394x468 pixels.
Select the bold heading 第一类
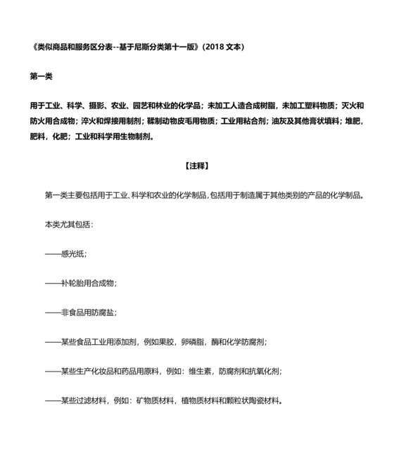[40, 76]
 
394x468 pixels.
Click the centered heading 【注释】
[197, 166]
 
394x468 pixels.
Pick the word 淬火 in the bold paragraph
[89, 121]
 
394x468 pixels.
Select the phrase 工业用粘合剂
[245, 121]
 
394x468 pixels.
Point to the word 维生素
[201, 372]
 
